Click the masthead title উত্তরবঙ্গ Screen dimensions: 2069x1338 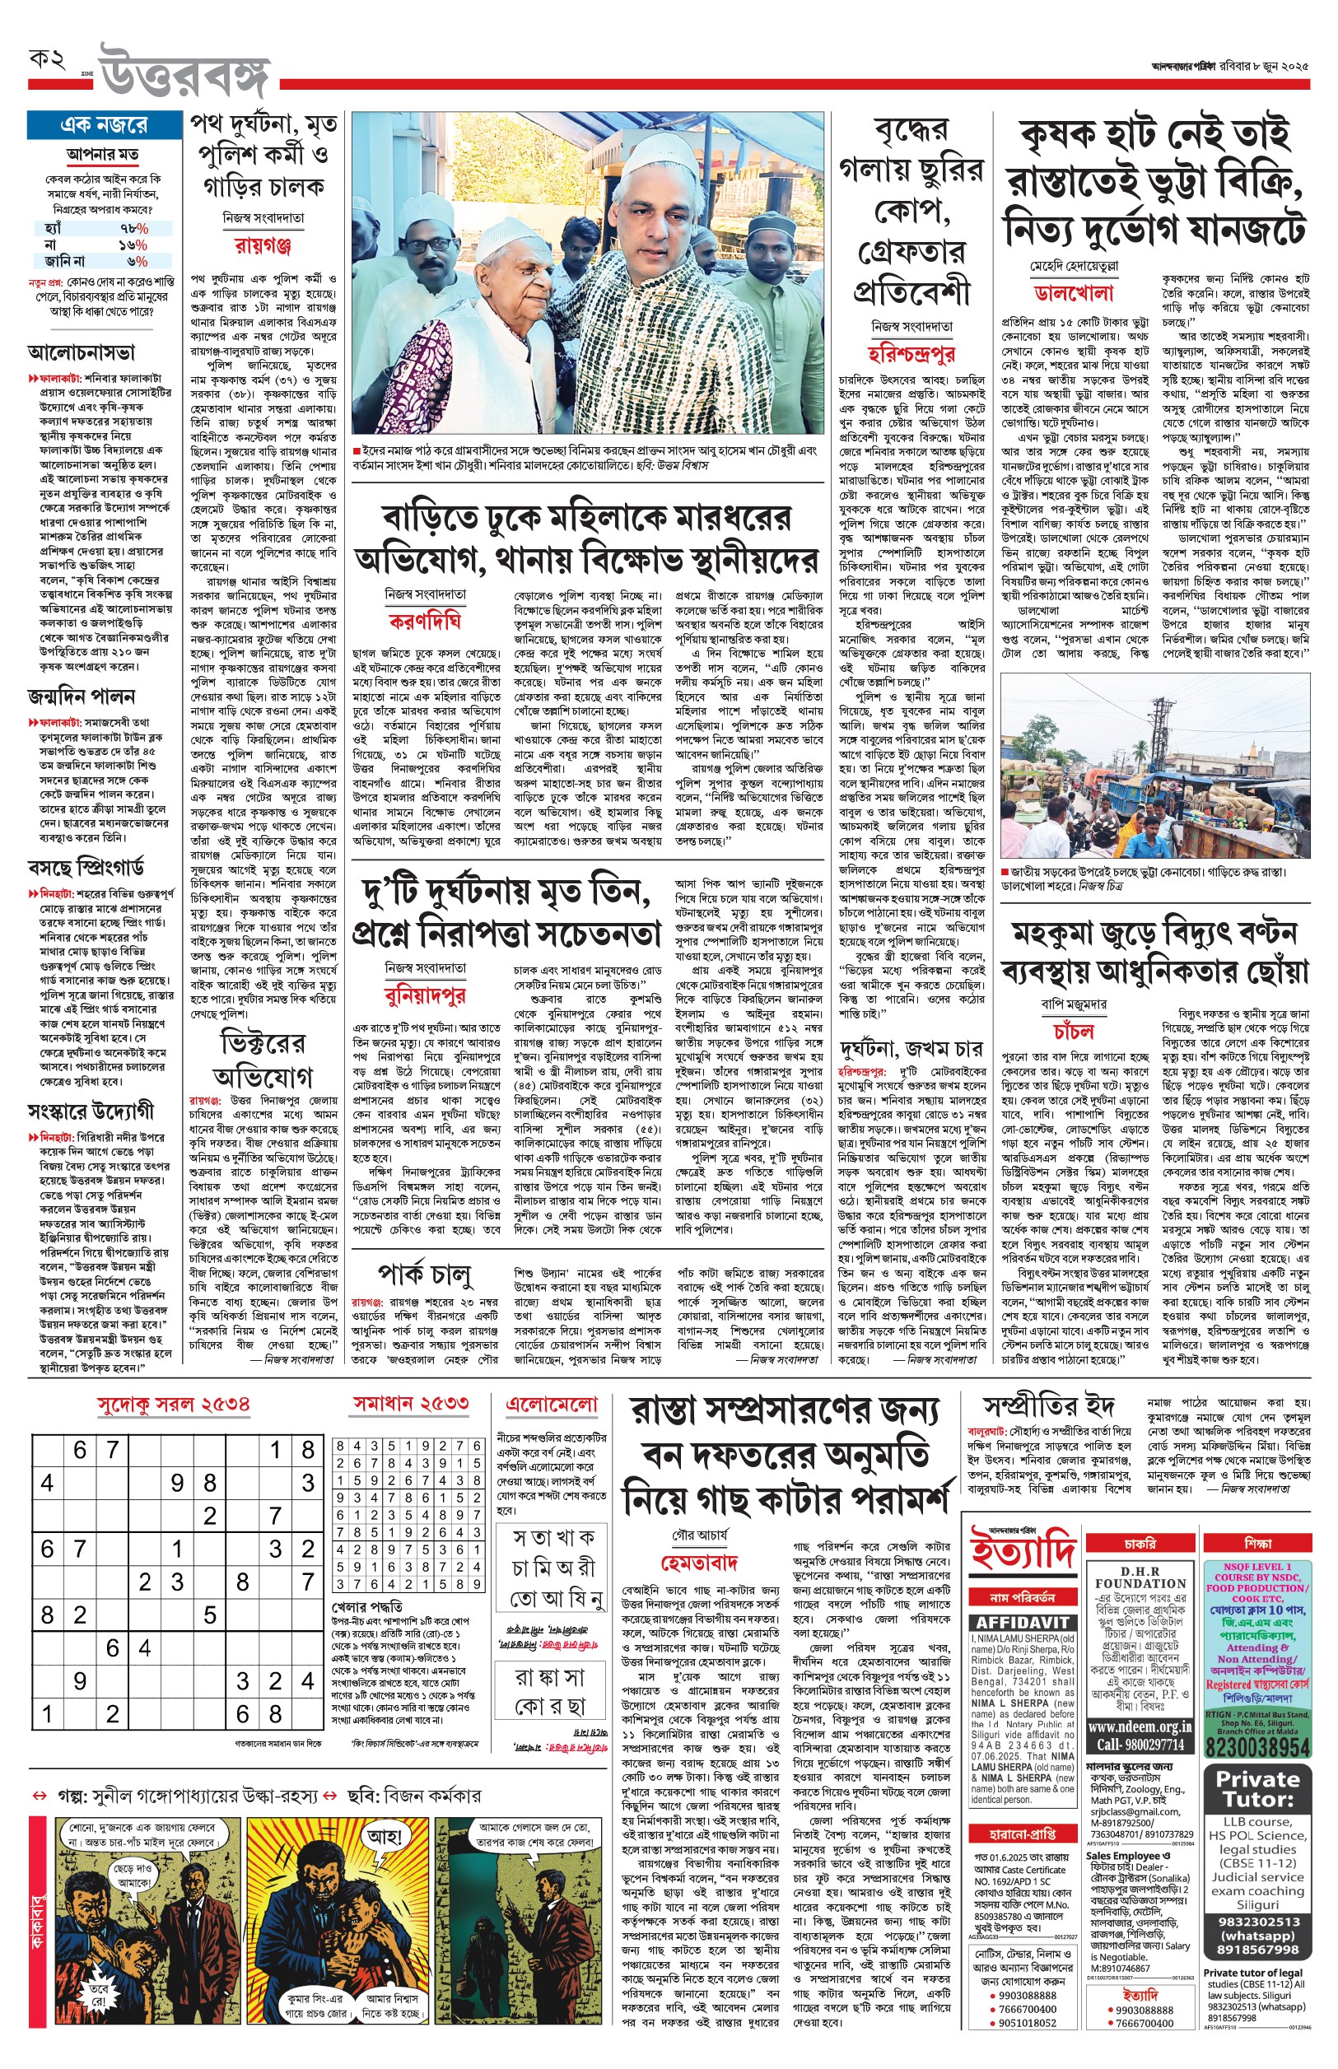pos(185,72)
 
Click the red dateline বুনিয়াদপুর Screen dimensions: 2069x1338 pos(425,995)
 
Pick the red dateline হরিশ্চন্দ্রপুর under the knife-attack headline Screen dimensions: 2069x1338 pos(911,352)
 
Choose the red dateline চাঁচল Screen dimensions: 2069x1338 pos(1074,1031)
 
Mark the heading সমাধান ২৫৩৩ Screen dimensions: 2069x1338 pos(411,1404)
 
